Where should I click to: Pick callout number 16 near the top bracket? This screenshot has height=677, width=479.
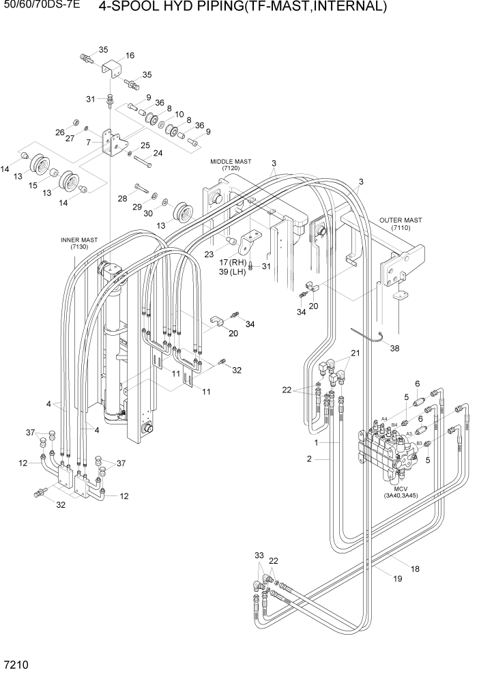click(x=130, y=56)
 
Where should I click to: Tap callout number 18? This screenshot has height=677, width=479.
click(x=415, y=568)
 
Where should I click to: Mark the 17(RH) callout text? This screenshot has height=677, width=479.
click(x=232, y=262)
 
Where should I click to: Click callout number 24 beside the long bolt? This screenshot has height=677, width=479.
click(x=158, y=154)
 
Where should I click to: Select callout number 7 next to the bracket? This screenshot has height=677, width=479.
click(x=89, y=143)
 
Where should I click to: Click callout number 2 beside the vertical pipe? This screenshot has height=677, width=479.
click(x=309, y=459)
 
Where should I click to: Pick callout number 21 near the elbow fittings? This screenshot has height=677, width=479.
click(x=355, y=353)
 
